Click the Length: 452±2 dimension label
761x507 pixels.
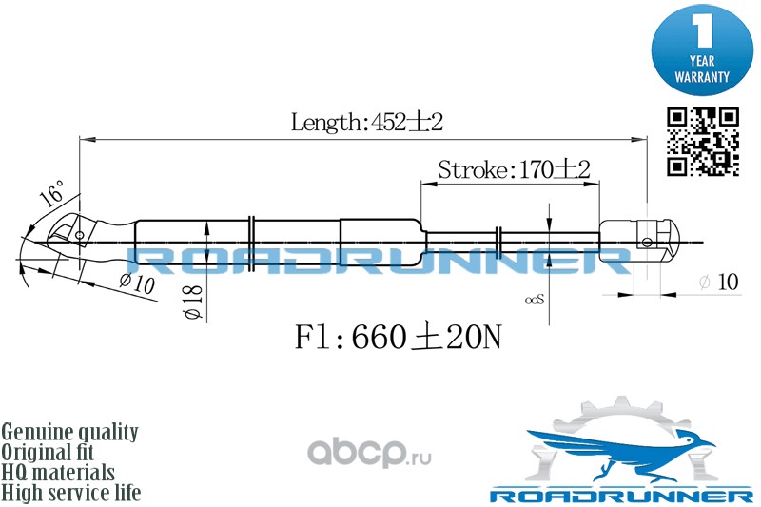(x=367, y=122)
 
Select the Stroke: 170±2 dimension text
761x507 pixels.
(x=514, y=170)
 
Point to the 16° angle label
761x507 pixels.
(x=53, y=194)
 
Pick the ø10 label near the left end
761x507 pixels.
(x=137, y=283)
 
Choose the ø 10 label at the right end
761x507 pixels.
(x=718, y=283)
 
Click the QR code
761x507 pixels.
(x=703, y=141)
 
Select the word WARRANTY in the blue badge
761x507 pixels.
(x=702, y=75)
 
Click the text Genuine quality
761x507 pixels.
(x=70, y=432)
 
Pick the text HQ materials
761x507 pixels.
(x=59, y=473)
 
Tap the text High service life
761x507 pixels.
(x=71, y=493)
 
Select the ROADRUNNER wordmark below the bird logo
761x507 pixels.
(x=619, y=497)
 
